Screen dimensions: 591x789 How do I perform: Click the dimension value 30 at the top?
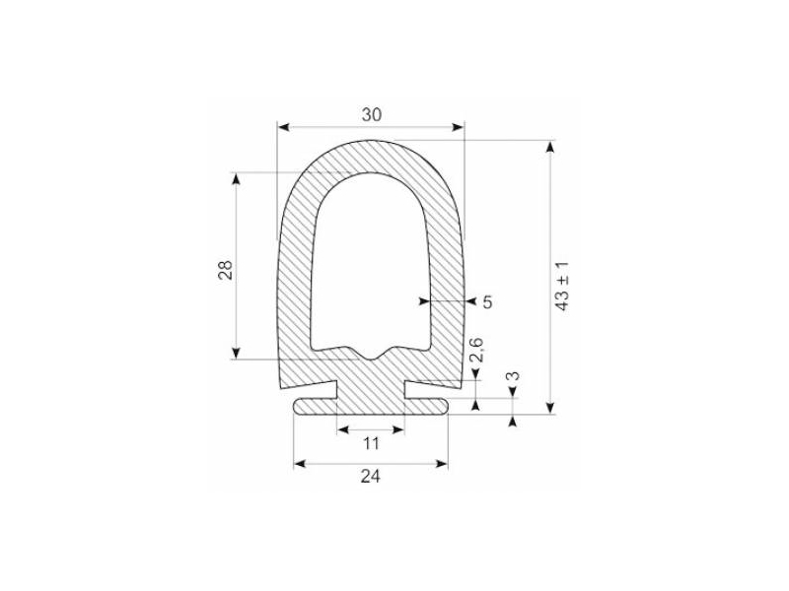tap(371, 114)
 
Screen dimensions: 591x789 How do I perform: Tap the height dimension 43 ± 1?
tap(563, 287)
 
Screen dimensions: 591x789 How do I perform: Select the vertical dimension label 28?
tap(224, 271)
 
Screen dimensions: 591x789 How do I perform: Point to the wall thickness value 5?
tap(486, 301)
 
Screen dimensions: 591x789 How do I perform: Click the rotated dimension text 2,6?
tap(476, 352)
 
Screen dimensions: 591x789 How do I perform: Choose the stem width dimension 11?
tap(371, 443)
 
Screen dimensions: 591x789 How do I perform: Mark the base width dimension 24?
tap(371, 477)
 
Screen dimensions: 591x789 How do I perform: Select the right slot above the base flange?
tap(432, 384)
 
